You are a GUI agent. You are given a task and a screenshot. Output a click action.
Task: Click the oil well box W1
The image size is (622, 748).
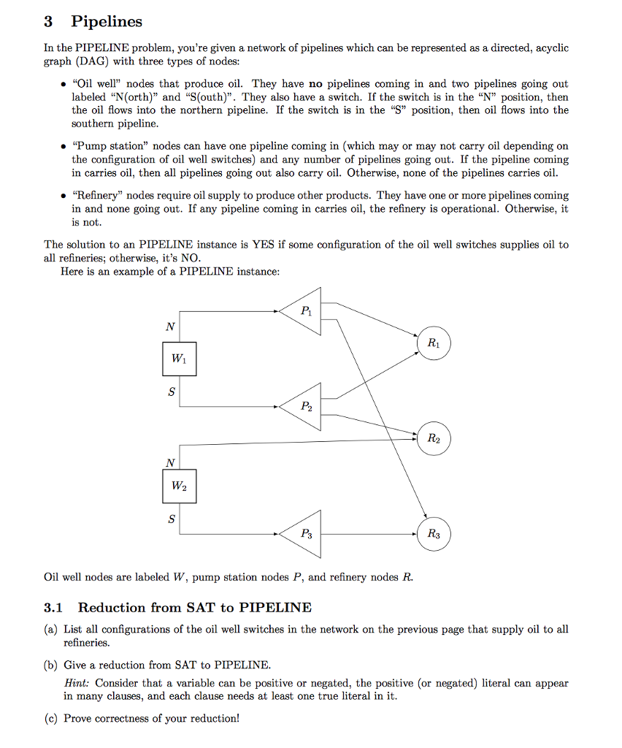click(179, 359)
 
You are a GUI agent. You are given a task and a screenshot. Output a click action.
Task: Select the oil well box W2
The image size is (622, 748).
click(179, 486)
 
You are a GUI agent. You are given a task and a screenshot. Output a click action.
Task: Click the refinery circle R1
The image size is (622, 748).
click(434, 343)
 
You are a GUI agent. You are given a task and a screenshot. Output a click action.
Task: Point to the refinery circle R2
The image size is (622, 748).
click(434, 438)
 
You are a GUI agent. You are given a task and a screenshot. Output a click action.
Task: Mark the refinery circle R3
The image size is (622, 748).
click(434, 534)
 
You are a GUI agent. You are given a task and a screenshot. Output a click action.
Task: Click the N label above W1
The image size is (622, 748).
click(170, 327)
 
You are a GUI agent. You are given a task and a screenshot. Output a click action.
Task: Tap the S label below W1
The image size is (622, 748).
click(172, 392)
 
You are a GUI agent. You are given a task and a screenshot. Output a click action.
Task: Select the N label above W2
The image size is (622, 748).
click(170, 462)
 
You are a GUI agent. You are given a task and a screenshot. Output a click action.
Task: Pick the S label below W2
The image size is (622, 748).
click(172, 519)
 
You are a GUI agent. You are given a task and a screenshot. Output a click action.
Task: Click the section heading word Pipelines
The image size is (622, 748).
click(107, 22)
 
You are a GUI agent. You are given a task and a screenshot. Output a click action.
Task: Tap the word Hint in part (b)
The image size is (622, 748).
click(77, 684)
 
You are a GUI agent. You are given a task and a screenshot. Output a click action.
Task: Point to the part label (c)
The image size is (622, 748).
click(50, 718)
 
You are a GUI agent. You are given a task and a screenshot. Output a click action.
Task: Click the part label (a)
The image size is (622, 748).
click(50, 629)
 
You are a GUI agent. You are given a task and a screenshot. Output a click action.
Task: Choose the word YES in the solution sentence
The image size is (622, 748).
click(263, 245)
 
